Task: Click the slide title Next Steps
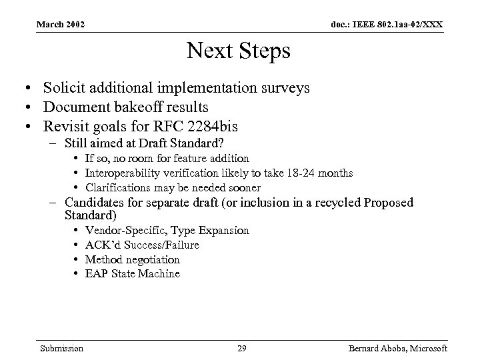pyautogui.click(x=239, y=51)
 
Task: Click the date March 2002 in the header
pyautogui.click(x=61, y=25)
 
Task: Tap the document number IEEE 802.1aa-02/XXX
pyautogui.click(x=386, y=25)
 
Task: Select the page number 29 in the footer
pyautogui.click(x=242, y=348)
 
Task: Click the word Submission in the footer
pyautogui.click(x=61, y=348)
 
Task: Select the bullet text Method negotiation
pyautogui.click(x=133, y=259)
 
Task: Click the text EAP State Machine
pyautogui.click(x=133, y=274)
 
